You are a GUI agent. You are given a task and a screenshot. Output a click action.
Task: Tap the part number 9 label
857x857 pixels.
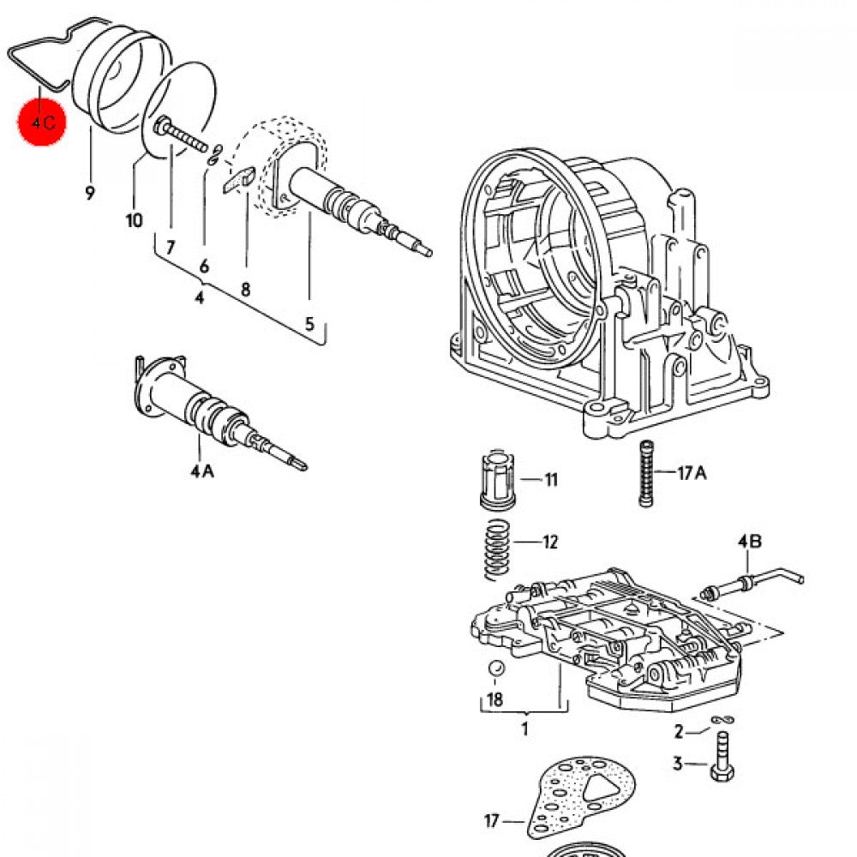89,193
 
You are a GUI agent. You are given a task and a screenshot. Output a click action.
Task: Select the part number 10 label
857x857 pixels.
134,221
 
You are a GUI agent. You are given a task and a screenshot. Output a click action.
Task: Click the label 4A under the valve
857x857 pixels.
201,470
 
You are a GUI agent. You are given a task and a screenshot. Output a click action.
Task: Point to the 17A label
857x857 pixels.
692,472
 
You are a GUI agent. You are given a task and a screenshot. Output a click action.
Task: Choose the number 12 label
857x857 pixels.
549,542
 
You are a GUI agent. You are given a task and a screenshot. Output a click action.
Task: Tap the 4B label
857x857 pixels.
749,542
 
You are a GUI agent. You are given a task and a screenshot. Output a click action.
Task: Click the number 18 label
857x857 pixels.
494,699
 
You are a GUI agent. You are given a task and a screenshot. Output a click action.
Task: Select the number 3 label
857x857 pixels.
677,764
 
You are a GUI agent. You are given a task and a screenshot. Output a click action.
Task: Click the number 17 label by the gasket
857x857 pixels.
492,821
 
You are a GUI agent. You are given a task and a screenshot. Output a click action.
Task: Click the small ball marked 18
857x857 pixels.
494,668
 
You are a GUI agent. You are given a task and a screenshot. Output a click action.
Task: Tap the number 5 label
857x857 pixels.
309,324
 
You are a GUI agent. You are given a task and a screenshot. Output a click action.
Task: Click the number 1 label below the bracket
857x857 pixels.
524,729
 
